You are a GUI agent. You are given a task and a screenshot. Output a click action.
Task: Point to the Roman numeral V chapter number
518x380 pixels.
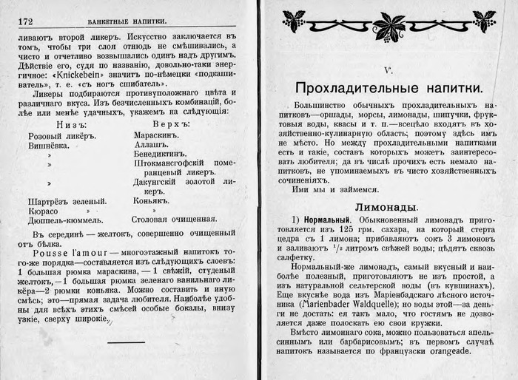pyautogui.click(x=388, y=70)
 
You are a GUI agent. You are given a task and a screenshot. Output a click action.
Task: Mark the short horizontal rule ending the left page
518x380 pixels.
pyautogui.click(x=126, y=342)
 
